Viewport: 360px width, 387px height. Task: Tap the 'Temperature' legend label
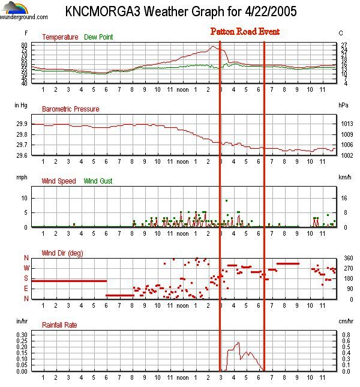(x=59, y=37)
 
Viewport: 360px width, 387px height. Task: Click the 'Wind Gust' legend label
(x=98, y=181)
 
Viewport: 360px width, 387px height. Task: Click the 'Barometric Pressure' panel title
(x=71, y=109)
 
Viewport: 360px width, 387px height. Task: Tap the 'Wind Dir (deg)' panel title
(x=62, y=253)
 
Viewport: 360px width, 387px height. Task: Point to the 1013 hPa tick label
(x=344, y=124)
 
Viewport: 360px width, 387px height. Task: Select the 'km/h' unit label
(x=344, y=178)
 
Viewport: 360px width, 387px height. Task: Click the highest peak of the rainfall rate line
(x=238, y=343)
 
